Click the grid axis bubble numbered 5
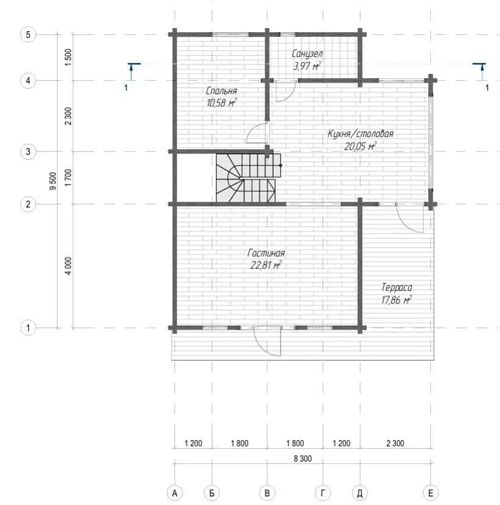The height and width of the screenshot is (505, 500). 28,34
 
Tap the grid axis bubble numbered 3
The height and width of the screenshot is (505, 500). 28,152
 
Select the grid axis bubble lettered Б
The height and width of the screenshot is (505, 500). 212,493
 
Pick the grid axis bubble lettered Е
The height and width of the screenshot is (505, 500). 430,493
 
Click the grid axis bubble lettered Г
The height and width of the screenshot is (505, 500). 323,493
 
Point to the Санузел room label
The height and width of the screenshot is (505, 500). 307,53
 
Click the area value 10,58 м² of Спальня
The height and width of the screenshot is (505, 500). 221,103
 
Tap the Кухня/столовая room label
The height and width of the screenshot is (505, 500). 360,134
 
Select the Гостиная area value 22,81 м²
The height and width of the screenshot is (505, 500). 266,265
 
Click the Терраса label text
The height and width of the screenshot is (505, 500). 397,287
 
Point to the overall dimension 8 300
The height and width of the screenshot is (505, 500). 303,459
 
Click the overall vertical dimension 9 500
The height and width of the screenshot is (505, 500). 53,181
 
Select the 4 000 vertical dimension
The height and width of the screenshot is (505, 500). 68,266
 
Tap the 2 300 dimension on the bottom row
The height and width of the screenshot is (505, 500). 395,443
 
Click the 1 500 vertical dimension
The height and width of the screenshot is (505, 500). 68,57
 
